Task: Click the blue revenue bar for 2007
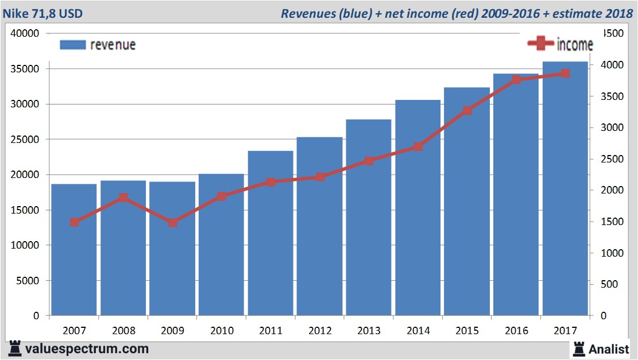point(74,250)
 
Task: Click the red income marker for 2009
point(173,223)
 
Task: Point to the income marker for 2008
point(123,198)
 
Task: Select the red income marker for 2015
point(467,110)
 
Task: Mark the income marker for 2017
point(565,73)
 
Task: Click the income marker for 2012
point(320,177)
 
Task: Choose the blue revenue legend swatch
point(72,45)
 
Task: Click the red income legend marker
point(540,44)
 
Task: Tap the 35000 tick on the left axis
point(25,69)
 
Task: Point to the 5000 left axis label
point(28,281)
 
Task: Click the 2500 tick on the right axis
point(610,159)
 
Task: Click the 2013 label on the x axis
point(369,331)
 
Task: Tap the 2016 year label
point(516,331)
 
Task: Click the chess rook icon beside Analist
point(579,349)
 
